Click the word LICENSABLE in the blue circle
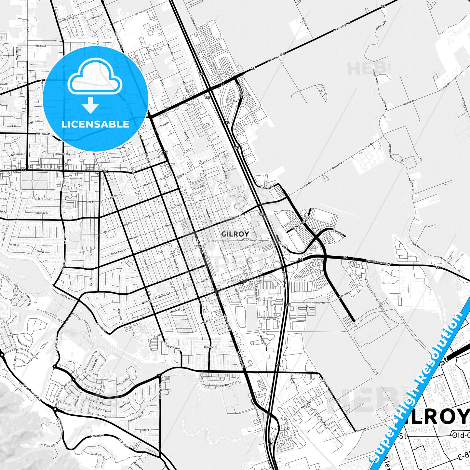95,124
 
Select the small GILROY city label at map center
235,234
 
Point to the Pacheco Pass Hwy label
379,261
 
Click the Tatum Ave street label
41,46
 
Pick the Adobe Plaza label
178,310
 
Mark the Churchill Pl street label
210,347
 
